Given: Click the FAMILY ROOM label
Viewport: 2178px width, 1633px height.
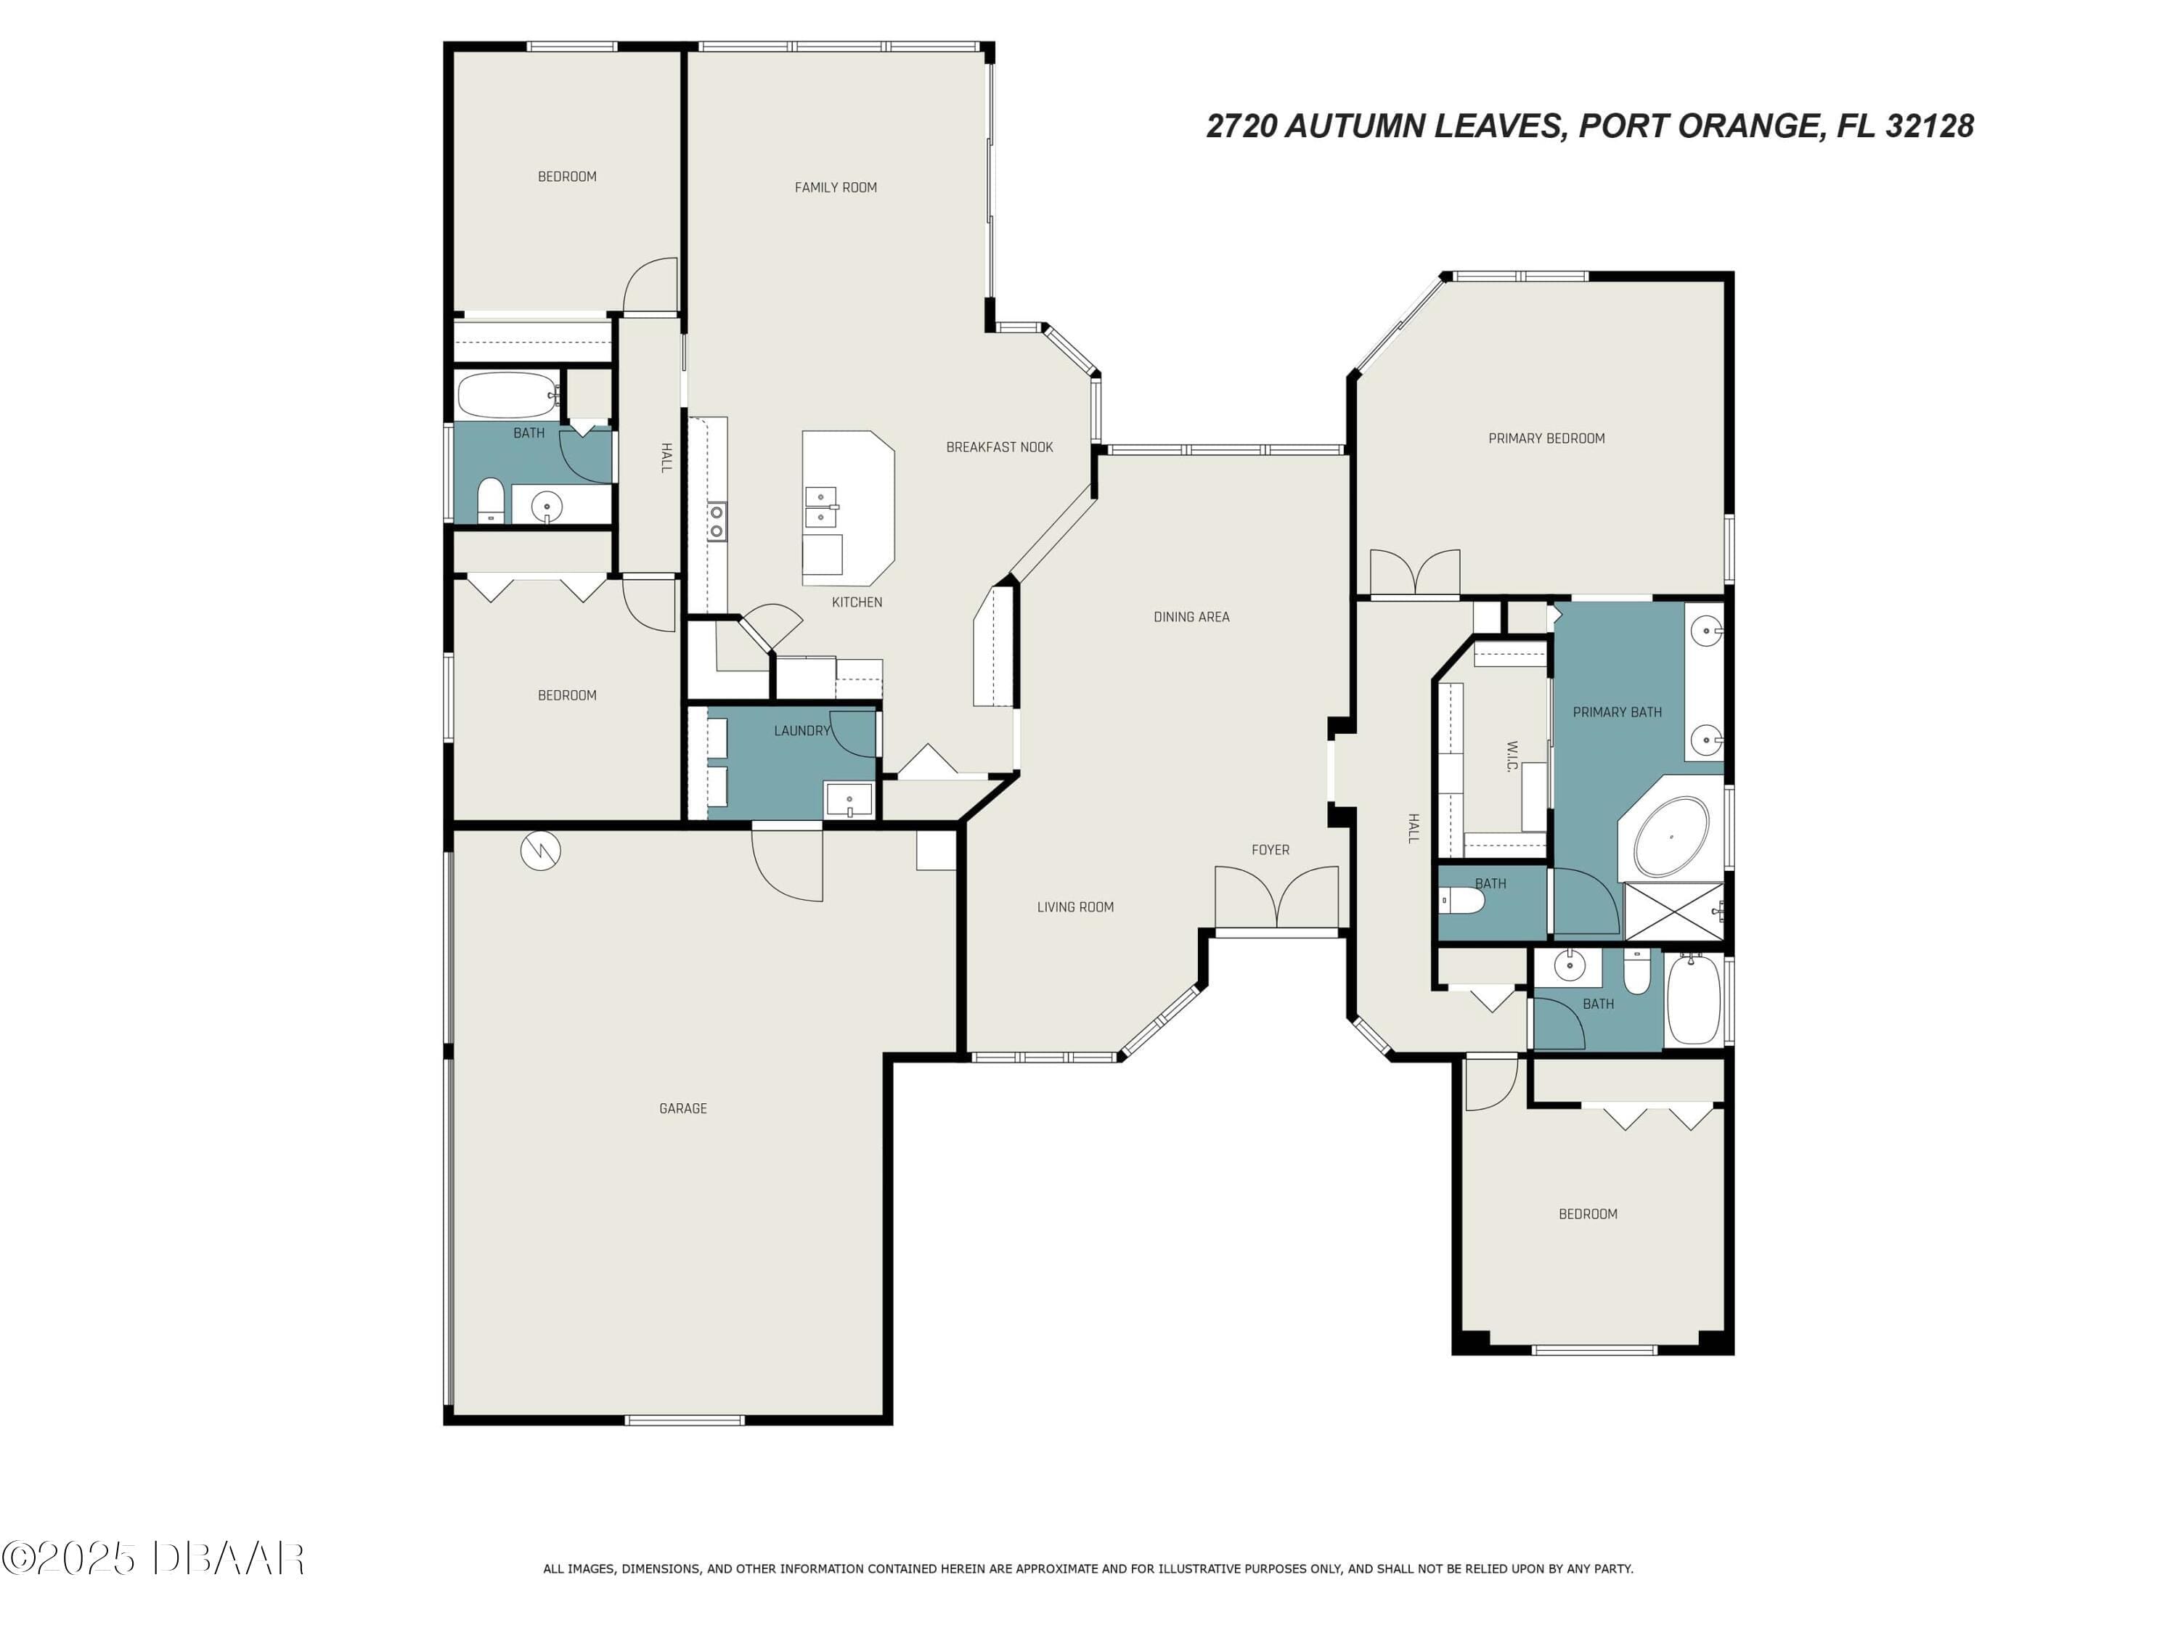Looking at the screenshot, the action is (835, 187).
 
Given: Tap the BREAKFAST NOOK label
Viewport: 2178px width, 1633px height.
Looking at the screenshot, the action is (1000, 447).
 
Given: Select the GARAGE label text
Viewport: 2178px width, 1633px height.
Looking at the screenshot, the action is (682, 1108).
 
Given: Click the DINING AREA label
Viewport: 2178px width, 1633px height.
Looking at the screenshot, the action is (1191, 617).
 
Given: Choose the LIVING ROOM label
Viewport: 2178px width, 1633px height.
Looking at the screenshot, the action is (1075, 907).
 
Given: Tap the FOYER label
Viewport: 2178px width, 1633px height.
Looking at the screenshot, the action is (1270, 849).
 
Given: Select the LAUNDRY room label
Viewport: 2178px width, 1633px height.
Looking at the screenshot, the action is (802, 730).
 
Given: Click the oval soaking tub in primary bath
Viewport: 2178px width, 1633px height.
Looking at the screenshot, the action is (1671, 837).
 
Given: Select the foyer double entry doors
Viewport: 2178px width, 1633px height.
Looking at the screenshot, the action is (1276, 897).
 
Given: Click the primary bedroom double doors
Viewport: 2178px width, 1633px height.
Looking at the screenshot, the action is (1415, 573).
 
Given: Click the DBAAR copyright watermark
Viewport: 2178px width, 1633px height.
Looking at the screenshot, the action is (152, 1558).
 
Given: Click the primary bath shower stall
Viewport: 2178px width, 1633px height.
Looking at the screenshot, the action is (1673, 912).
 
